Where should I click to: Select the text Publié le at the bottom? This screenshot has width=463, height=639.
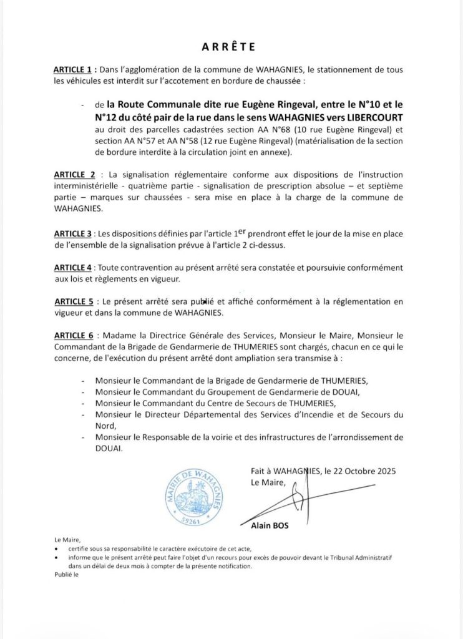coord(64,575)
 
